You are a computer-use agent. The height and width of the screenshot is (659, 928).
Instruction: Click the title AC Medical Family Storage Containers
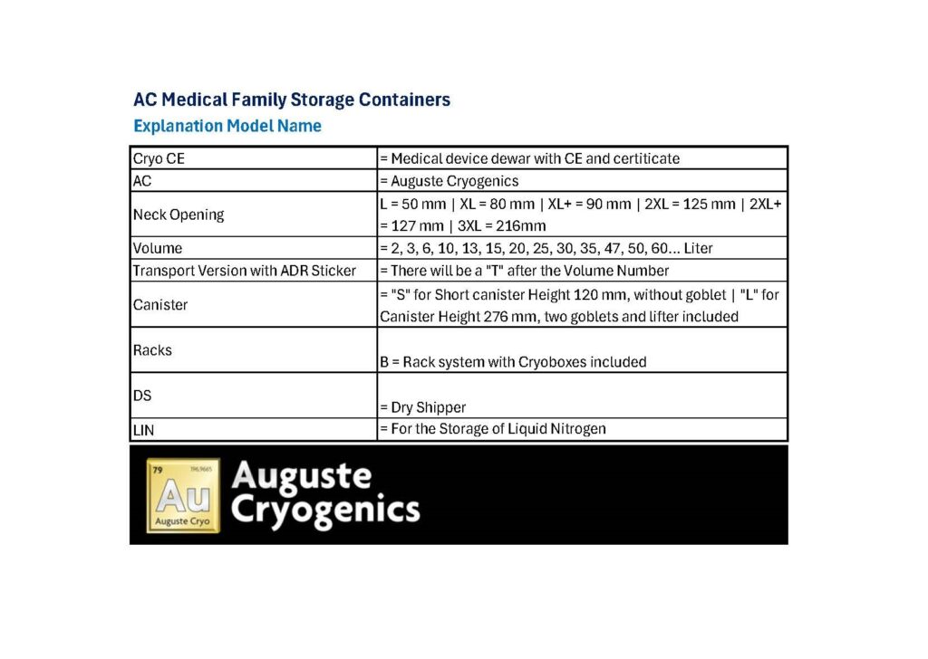tap(291, 100)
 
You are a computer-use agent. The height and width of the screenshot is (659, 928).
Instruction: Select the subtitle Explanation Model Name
tap(227, 126)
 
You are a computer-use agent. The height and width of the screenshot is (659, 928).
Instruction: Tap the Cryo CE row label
tap(159, 158)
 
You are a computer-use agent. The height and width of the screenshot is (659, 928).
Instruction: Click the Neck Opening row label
tap(179, 215)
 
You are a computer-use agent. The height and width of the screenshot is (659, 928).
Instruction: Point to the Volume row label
tap(158, 248)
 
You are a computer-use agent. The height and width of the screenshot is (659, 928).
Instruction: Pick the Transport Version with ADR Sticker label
tap(245, 271)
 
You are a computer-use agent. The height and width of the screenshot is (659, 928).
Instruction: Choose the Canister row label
tap(160, 305)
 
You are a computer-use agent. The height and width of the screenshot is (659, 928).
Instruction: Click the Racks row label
tap(152, 350)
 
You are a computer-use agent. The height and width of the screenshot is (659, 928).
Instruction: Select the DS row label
tap(142, 396)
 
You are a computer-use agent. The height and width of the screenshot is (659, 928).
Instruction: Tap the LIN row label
tap(143, 430)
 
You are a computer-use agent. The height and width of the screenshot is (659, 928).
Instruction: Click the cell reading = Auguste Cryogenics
tap(449, 181)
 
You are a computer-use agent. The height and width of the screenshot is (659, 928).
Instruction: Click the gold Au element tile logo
tap(183, 494)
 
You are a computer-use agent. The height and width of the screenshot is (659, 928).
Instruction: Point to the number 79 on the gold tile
tap(157, 470)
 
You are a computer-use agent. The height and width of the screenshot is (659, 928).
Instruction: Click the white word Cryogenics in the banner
tap(325, 511)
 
